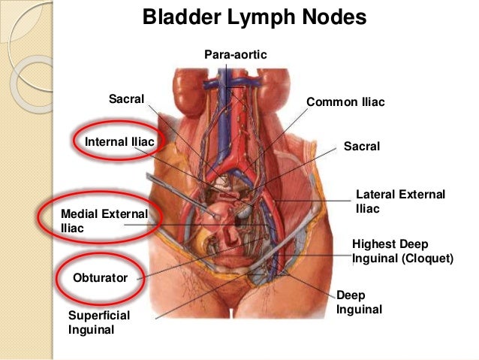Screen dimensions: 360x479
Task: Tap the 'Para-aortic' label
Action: (x=235, y=55)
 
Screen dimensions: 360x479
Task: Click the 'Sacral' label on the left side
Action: (x=127, y=98)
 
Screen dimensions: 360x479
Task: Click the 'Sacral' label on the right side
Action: (x=362, y=146)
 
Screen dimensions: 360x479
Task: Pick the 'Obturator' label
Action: (x=100, y=277)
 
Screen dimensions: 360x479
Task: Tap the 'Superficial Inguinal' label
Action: (x=98, y=321)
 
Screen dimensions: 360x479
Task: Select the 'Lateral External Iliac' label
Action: (x=400, y=201)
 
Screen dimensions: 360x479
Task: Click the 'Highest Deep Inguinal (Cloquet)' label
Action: (x=402, y=251)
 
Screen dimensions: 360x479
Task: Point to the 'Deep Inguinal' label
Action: (x=359, y=302)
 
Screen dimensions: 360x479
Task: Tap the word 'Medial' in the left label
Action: (x=79, y=214)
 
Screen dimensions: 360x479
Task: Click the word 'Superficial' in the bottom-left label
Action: (x=98, y=314)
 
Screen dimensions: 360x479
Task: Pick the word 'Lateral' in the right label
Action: (x=375, y=195)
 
